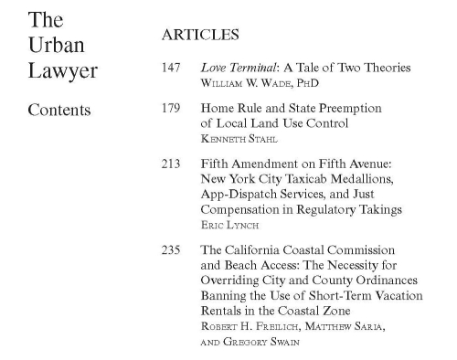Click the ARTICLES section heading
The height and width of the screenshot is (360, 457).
tap(199, 36)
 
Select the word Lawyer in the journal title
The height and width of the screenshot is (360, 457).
tap(62, 72)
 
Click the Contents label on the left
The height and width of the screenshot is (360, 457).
tap(59, 111)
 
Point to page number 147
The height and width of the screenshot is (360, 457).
tap(170, 69)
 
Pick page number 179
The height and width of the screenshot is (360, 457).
tap(170, 108)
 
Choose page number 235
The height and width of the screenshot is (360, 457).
tap(170, 249)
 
